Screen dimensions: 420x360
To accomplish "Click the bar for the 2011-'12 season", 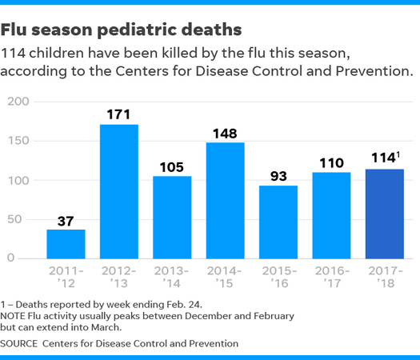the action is [x=66, y=244].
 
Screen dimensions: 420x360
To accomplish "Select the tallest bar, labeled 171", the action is [x=119, y=191].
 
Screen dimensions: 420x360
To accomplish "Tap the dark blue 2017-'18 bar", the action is [x=385, y=214].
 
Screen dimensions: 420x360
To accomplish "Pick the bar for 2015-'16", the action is [x=278, y=222].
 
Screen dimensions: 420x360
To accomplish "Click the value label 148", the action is [x=225, y=134].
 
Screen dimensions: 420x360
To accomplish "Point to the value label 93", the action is [x=278, y=176].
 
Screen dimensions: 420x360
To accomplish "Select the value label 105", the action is [x=172, y=167].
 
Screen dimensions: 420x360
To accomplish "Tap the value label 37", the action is [x=66, y=222].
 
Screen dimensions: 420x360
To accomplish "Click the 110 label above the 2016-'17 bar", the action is [x=332, y=163].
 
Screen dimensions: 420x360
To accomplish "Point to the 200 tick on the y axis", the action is [x=18, y=102].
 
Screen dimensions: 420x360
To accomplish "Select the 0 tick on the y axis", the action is [x=10, y=258].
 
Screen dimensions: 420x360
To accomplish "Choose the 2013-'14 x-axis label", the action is [x=171, y=277].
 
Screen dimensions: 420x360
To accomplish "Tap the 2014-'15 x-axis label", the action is [x=225, y=277].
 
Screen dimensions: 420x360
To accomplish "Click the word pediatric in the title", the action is [x=137, y=30].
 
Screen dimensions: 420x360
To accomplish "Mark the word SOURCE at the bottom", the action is [x=18, y=344].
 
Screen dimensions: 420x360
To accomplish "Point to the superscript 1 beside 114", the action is [x=398, y=155].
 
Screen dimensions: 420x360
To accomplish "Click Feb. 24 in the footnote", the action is [x=184, y=305].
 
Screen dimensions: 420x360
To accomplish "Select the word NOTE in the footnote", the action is [x=13, y=316].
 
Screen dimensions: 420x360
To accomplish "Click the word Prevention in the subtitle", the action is [x=374, y=71].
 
